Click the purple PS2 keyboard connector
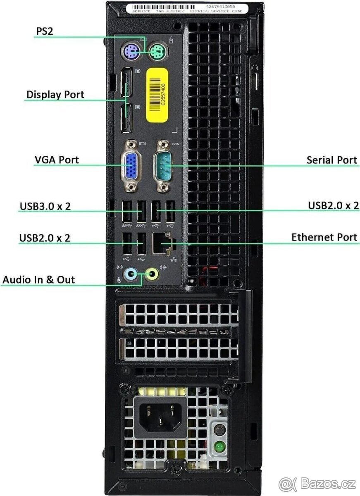pos(130,52)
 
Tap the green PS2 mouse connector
pos(157,52)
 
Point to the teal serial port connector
pos(163,166)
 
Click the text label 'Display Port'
pos(55,94)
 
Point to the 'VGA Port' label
pos(56,160)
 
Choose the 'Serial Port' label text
pos(331,160)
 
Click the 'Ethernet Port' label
pos(324,237)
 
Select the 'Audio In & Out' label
pos(39,279)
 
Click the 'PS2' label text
pos(44,31)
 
